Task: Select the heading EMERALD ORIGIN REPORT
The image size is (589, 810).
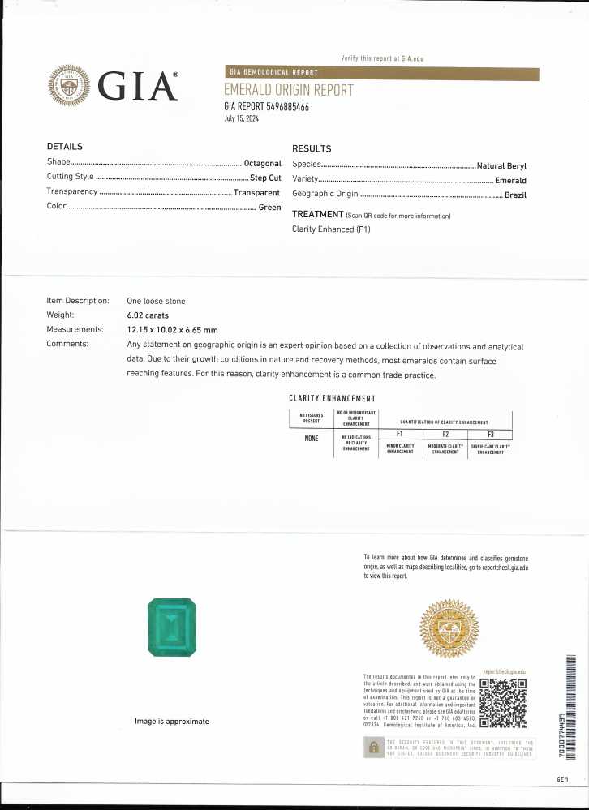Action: [x=288, y=90]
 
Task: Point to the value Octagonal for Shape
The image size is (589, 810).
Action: [x=263, y=163]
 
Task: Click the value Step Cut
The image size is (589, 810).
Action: [x=265, y=178]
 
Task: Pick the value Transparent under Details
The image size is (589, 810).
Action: [x=256, y=193]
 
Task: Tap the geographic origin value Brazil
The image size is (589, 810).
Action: [x=515, y=195]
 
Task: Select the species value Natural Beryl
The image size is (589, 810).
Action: [x=501, y=165]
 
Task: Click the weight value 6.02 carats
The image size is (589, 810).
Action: [x=151, y=315]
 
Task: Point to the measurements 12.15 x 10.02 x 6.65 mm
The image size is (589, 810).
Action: [x=172, y=330]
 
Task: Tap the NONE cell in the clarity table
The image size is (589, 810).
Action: [x=311, y=439]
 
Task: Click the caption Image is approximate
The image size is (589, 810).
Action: [x=172, y=721]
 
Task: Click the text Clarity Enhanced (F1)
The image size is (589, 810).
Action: [x=331, y=229]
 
